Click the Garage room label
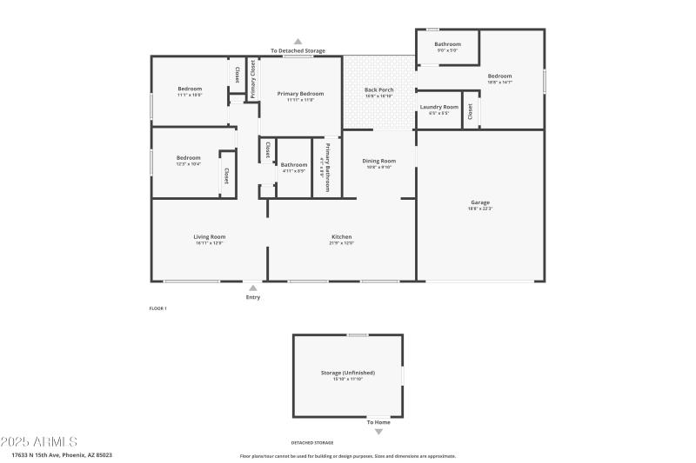pyautogui.click(x=480, y=202)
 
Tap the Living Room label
pyautogui.click(x=209, y=236)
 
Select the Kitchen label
pyautogui.click(x=341, y=236)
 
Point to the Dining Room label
pyautogui.click(x=378, y=161)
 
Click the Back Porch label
pyautogui.click(x=378, y=89)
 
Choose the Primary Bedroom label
pyautogui.click(x=300, y=93)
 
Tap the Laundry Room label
pyautogui.click(x=438, y=107)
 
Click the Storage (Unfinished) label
pyautogui.click(x=347, y=373)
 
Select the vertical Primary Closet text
pyautogui.click(x=253, y=79)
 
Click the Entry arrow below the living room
pyautogui.click(x=252, y=288)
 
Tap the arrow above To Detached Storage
pyautogui.click(x=298, y=41)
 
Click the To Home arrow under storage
pyautogui.click(x=378, y=432)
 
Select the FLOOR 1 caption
pyautogui.click(x=157, y=308)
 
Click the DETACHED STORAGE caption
pyautogui.click(x=311, y=442)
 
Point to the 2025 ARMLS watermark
pyautogui.click(x=39, y=442)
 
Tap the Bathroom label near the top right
pyautogui.click(x=447, y=43)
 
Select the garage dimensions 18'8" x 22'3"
pyautogui.click(x=480, y=208)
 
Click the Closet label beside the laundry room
pyautogui.click(x=471, y=110)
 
